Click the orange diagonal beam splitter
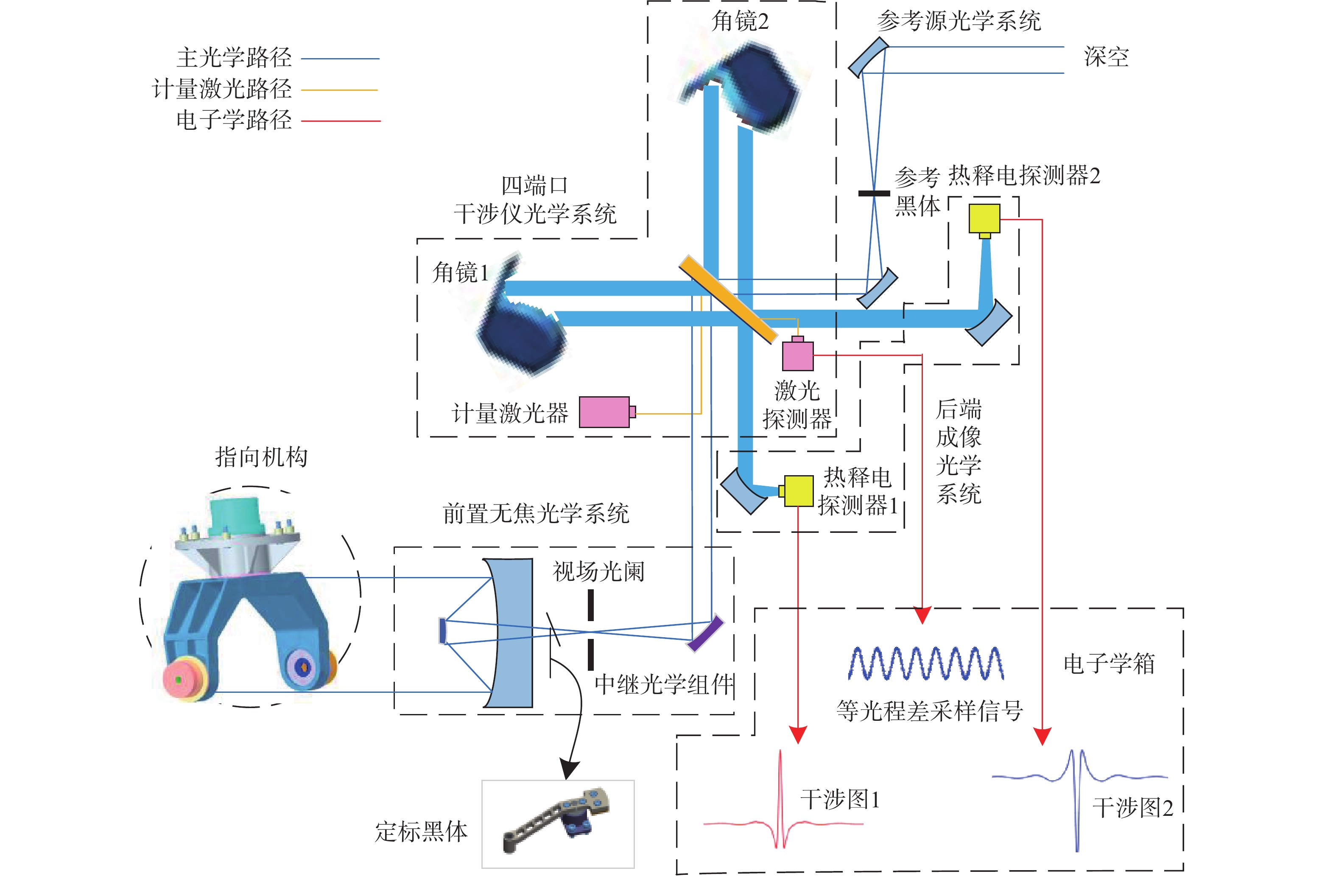(x=728, y=299)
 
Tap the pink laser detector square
(x=798, y=354)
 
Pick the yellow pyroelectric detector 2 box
(x=984, y=220)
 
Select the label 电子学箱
(x=1109, y=664)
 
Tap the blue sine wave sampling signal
(x=926, y=663)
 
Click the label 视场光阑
(x=598, y=571)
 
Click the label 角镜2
(x=740, y=22)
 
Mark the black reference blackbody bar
(x=874, y=193)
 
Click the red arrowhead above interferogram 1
(x=798, y=735)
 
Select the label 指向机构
(x=261, y=457)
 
